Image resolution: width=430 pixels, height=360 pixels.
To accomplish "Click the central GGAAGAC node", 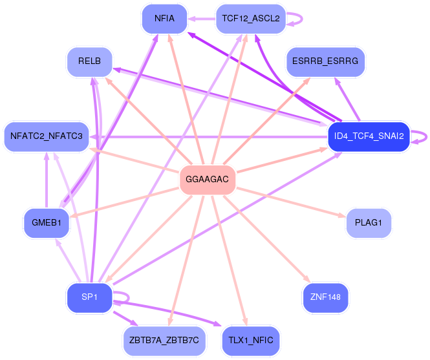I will click(207, 179).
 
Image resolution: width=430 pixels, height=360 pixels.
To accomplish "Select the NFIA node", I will click(164, 18).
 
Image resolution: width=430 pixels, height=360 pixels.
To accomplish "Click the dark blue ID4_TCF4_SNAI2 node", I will click(369, 136).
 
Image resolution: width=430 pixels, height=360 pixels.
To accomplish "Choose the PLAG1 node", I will click(369, 222).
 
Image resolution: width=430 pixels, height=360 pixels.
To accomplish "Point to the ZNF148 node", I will click(325, 297).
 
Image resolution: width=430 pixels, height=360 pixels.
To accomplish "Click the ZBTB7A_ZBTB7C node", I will click(164, 340).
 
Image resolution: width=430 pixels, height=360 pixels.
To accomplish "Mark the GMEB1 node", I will click(46, 222).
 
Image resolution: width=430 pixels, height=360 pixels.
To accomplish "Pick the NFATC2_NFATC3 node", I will click(46, 136).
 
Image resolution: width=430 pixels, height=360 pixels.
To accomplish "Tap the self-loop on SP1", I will click(124, 297).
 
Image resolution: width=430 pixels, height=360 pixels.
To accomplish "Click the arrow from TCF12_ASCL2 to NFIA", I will click(201, 18).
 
